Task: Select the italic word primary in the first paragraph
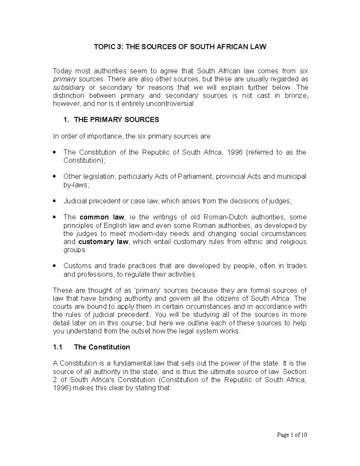[64, 79]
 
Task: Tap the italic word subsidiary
[69, 87]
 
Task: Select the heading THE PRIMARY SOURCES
[116, 120]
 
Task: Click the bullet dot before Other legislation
[54, 176]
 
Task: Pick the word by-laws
[76, 185]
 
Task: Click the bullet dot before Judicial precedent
[54, 201]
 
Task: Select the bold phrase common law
[102, 217]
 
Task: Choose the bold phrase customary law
[103, 242]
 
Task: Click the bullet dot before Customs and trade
[54, 266]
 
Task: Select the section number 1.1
[57, 347]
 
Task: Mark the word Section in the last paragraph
[295, 371]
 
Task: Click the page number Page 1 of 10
[292, 435]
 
